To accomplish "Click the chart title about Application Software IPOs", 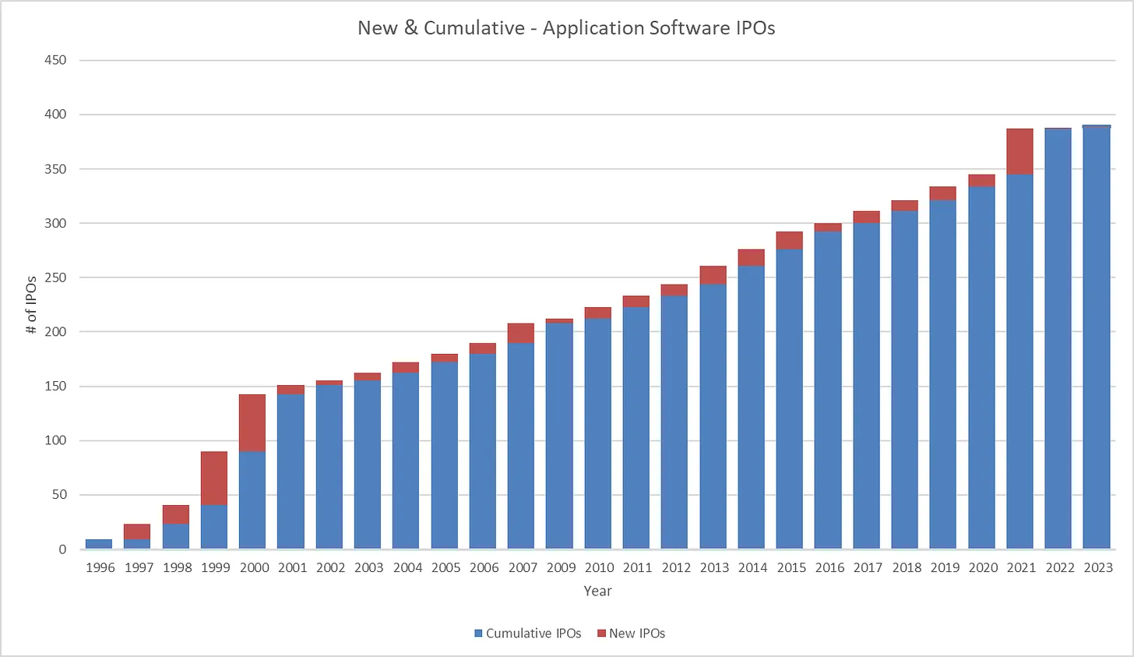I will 566,28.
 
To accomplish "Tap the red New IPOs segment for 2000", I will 252,422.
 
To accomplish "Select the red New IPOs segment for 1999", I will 214,478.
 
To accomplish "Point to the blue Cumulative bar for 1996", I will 99,544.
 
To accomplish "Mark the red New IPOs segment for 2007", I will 521,333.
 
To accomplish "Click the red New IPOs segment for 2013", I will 713,275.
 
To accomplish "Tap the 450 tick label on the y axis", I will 55,60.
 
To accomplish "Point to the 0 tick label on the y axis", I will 62,549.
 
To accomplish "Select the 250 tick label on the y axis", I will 55,277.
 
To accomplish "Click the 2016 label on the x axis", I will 829,567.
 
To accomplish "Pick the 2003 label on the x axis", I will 368,567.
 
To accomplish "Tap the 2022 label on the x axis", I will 1059,567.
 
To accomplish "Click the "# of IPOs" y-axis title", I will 32,305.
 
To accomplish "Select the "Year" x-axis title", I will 597,591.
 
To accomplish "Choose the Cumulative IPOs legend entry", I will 527,634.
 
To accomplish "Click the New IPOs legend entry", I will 631,634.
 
